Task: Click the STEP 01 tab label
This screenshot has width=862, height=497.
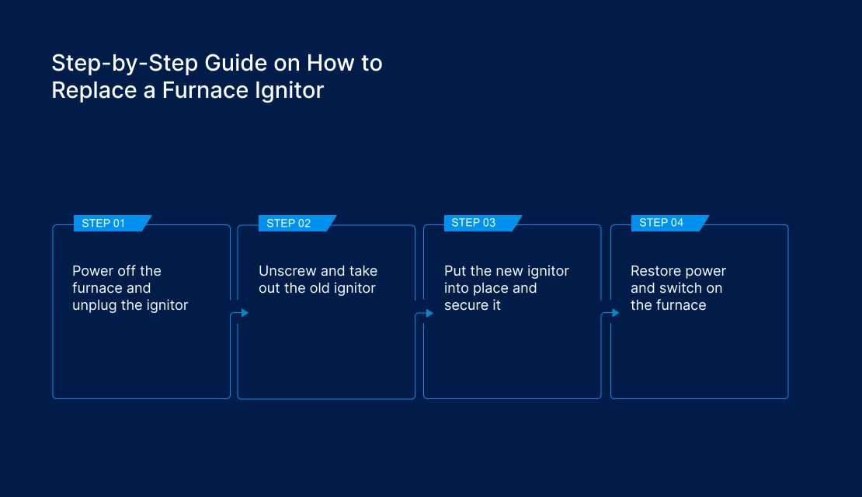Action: pyautogui.click(x=103, y=224)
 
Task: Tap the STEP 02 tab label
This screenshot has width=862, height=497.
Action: pyautogui.click(x=288, y=224)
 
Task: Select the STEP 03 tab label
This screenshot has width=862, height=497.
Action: pyautogui.click(x=473, y=223)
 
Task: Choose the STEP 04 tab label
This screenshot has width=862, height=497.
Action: pyautogui.click(x=661, y=223)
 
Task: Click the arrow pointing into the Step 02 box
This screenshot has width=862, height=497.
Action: pyautogui.click(x=243, y=313)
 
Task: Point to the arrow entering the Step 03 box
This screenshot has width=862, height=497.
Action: pyautogui.click(x=428, y=314)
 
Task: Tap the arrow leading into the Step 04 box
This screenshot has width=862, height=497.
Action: pyautogui.click(x=615, y=313)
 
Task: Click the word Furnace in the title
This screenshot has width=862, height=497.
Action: pyautogui.click(x=207, y=90)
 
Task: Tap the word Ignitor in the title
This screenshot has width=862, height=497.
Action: pyautogui.click(x=289, y=90)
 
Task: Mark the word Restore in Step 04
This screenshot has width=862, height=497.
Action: pyautogui.click(x=657, y=271)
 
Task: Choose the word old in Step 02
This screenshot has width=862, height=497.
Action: pyautogui.click(x=314, y=288)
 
